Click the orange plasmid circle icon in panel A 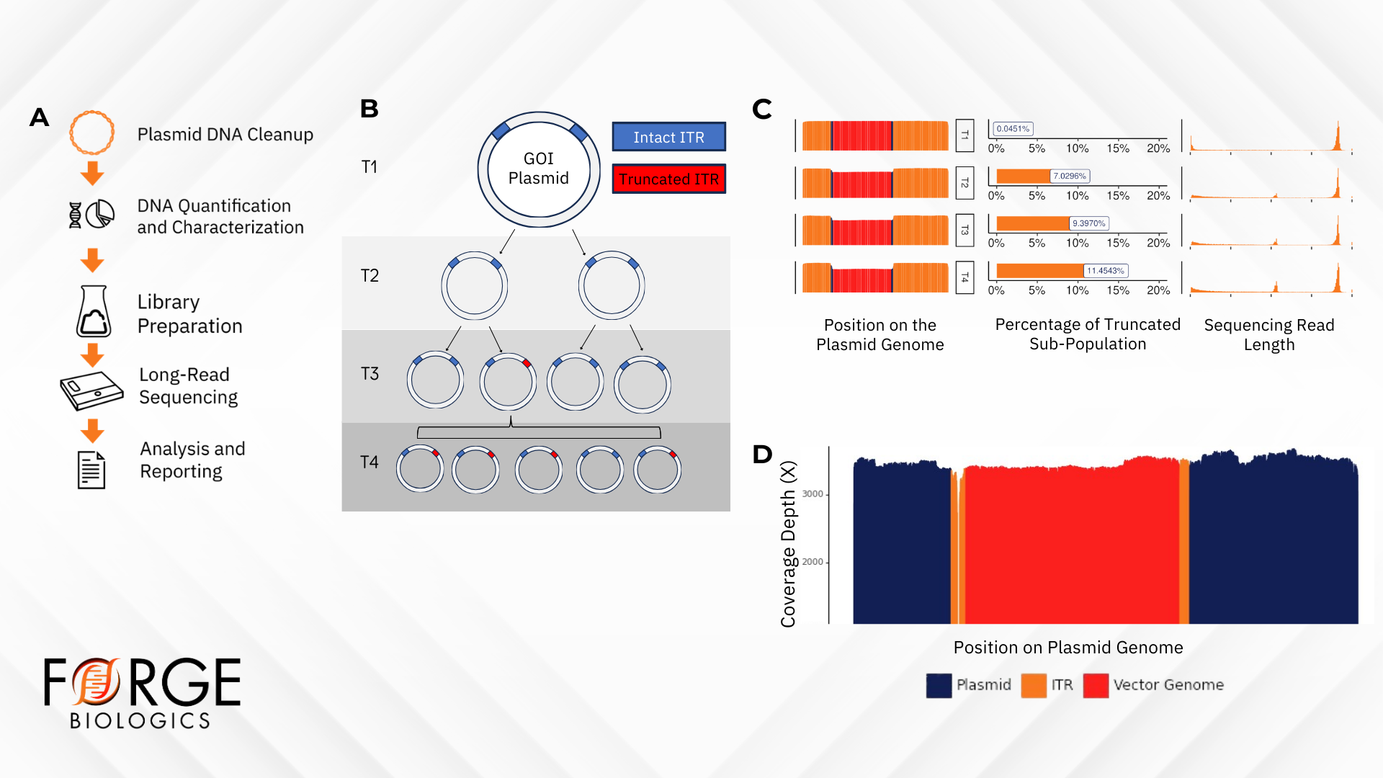[x=91, y=133]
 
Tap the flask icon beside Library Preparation [x=94, y=312]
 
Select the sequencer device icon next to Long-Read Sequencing [x=91, y=390]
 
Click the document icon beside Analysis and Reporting [x=91, y=470]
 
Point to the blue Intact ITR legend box [x=668, y=137]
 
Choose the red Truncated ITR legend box [x=668, y=179]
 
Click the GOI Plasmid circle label [x=538, y=169]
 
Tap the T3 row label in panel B [x=370, y=374]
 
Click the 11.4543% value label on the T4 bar [x=1106, y=271]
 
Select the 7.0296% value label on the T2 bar [x=1070, y=176]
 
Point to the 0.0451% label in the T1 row [x=1013, y=129]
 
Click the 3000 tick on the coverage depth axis [x=813, y=494]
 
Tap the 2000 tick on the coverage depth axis [x=813, y=562]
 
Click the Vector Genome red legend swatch [x=1096, y=685]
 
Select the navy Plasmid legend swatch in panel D [x=939, y=685]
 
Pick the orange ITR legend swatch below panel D [x=1034, y=685]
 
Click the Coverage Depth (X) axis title [x=788, y=544]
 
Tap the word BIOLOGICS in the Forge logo [x=140, y=721]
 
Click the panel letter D [x=762, y=455]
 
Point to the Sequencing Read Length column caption [x=1268, y=335]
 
